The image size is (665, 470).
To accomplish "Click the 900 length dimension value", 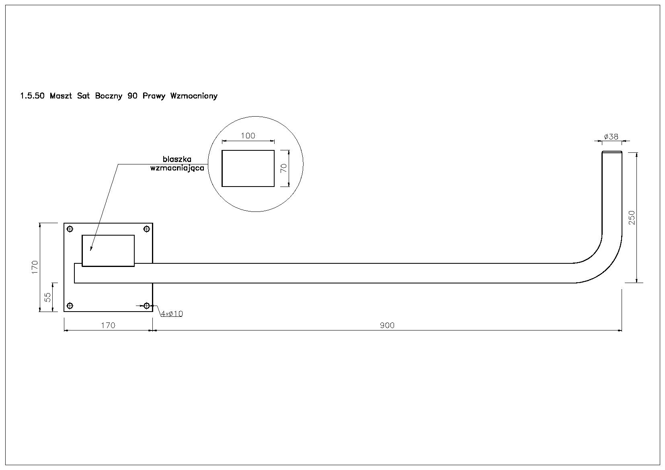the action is (x=387, y=325).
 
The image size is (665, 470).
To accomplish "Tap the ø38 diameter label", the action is (x=611, y=137).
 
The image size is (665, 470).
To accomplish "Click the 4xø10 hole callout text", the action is (x=172, y=314).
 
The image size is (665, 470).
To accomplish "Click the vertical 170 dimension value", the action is (x=35, y=267).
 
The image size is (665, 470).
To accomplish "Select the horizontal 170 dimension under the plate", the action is (x=108, y=325).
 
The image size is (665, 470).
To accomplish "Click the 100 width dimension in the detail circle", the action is (x=248, y=135).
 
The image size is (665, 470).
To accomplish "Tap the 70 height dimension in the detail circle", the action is (x=284, y=168).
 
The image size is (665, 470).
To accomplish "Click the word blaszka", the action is (x=177, y=159).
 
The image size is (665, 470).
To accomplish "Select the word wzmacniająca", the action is (x=177, y=168).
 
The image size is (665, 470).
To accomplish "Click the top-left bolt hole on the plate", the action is (x=70, y=229).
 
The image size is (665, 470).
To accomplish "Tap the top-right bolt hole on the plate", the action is (x=147, y=229).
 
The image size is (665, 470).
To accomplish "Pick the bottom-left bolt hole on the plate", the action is (x=70, y=306).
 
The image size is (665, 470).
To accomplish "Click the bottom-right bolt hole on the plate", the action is (x=147, y=306).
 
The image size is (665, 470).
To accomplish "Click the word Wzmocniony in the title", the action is (x=194, y=96).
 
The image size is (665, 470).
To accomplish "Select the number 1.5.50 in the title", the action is (x=32, y=96).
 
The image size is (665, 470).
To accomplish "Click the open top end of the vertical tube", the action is (x=612, y=152).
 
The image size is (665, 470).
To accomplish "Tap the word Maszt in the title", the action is (x=61, y=96).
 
